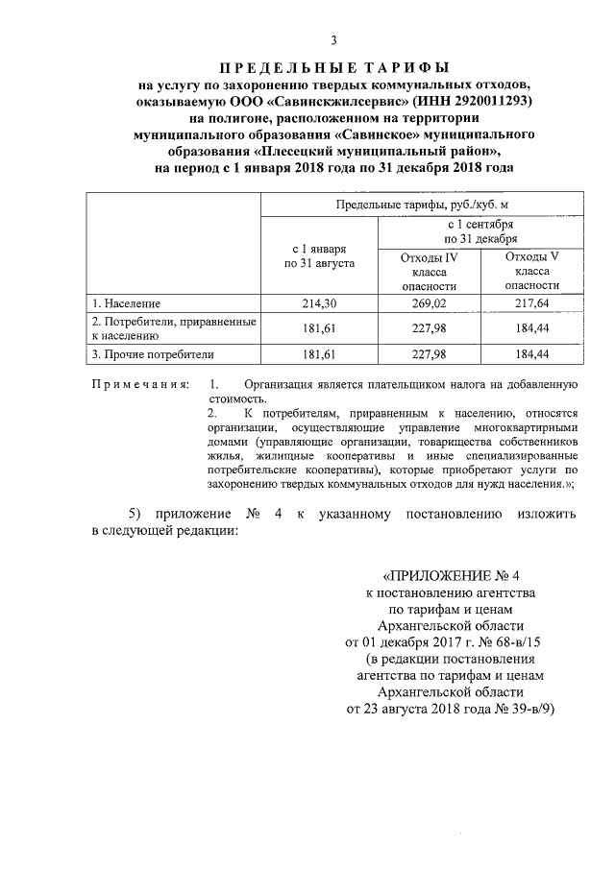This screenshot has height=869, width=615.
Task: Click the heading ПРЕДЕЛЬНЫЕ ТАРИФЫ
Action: pyautogui.click(x=333, y=68)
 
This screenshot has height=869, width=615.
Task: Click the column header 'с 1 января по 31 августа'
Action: pyautogui.click(x=320, y=254)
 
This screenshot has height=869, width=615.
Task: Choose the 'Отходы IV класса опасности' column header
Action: pyautogui.click(x=430, y=272)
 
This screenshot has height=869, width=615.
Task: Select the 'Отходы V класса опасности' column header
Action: pyautogui.click(x=531, y=272)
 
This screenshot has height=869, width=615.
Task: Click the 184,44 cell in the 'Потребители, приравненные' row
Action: pyautogui.click(x=531, y=328)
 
